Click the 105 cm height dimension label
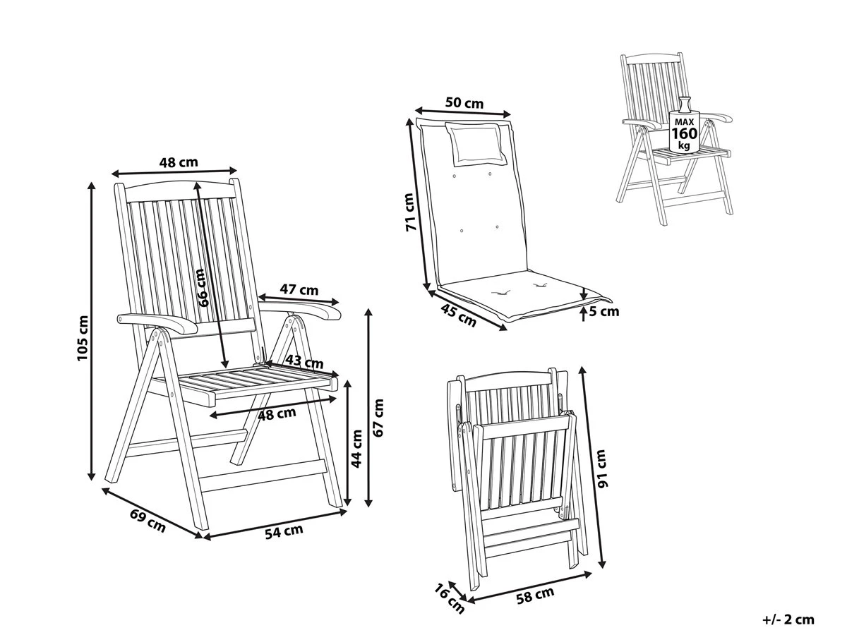pyautogui.click(x=83, y=339)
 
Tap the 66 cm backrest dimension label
pyautogui.click(x=202, y=288)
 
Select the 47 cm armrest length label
pyautogui.click(x=299, y=289)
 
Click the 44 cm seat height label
pyautogui.click(x=357, y=449)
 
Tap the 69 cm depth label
pyautogui.click(x=148, y=520)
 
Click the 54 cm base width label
pyautogui.click(x=284, y=531)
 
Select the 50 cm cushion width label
pyautogui.click(x=464, y=103)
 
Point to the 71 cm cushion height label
pyautogui.click(x=410, y=212)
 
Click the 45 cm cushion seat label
pyautogui.click(x=458, y=315)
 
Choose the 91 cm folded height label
pyautogui.click(x=601, y=468)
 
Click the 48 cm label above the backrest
pyautogui.click(x=179, y=162)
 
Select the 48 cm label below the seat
pyautogui.click(x=277, y=414)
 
